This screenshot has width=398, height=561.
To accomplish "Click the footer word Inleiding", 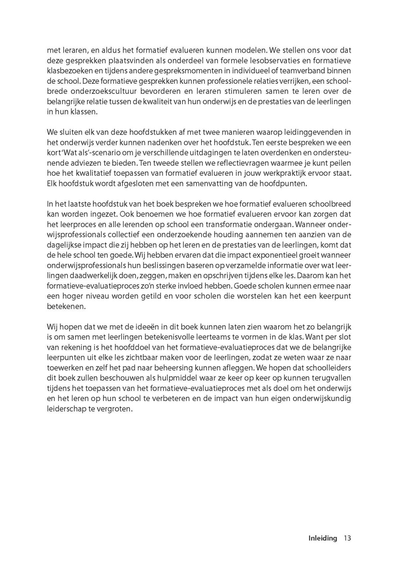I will (323, 538).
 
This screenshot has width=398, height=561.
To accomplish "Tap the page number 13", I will (348, 538).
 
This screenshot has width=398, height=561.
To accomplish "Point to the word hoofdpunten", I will (286, 183).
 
